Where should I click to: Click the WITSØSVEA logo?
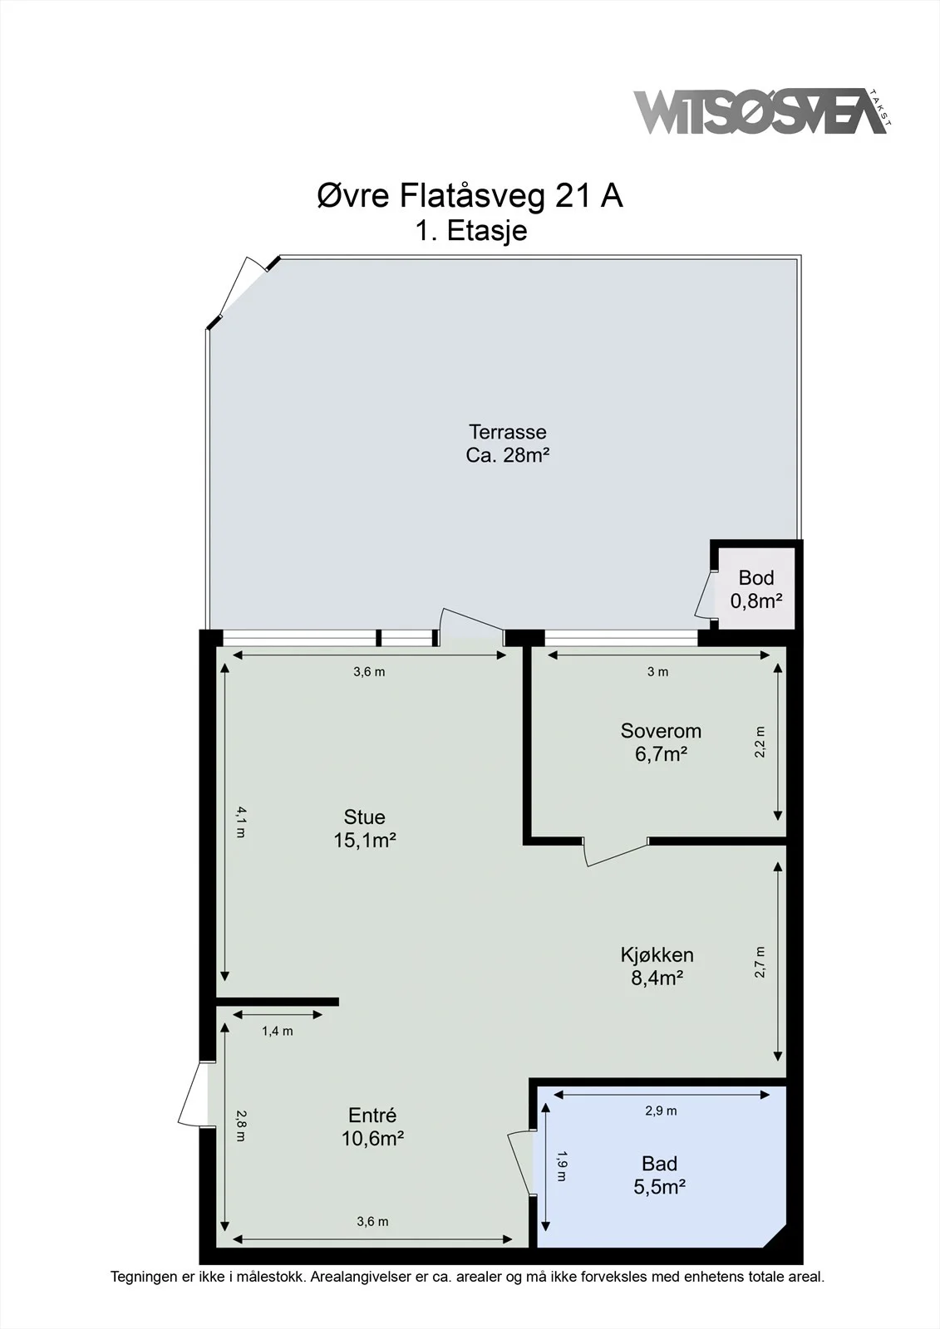click(x=762, y=112)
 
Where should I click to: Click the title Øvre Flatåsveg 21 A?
click(x=470, y=196)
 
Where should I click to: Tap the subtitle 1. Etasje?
click(x=471, y=230)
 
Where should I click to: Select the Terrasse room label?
click(x=507, y=444)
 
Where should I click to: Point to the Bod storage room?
click(x=756, y=588)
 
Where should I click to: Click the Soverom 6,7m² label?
click(x=661, y=743)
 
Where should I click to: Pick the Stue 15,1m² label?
click(x=365, y=828)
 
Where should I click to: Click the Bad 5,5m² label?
click(x=660, y=1175)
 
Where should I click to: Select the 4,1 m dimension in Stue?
click(x=240, y=821)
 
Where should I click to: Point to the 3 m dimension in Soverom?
click(x=658, y=672)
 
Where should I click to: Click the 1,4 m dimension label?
click(x=278, y=1031)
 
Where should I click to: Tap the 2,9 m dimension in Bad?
click(x=661, y=1111)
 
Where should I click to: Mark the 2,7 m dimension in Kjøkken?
click(x=760, y=962)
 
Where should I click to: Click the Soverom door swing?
click(x=615, y=852)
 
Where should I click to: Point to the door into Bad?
click(x=522, y=1162)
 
